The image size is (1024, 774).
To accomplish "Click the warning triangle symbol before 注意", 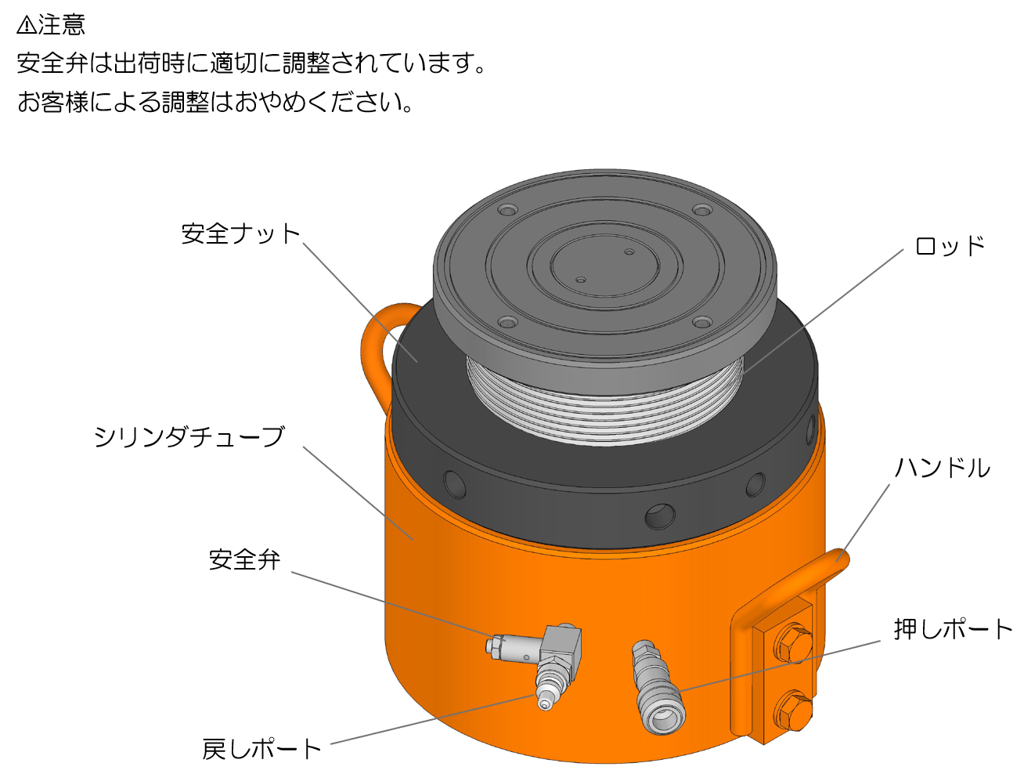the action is pyautogui.click(x=27, y=25).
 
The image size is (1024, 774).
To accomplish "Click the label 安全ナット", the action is pyautogui.click(x=240, y=233).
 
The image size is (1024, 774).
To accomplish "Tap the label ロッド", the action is pyautogui.click(x=950, y=246).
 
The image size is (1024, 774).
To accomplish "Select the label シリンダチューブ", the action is pyautogui.click(x=189, y=437).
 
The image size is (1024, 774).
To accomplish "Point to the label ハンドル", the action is pyautogui.click(x=943, y=467).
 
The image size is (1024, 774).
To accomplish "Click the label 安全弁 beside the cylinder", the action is pyautogui.click(x=244, y=559).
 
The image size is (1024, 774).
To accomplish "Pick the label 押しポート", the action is pyautogui.click(x=953, y=629).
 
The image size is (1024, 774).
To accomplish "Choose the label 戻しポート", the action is pyautogui.click(x=261, y=749).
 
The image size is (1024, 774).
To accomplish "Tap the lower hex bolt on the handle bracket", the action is pyautogui.click(x=792, y=710).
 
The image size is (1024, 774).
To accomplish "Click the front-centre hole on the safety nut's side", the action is pyautogui.click(x=660, y=516).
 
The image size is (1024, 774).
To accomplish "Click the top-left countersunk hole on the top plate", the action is pyautogui.click(x=507, y=210).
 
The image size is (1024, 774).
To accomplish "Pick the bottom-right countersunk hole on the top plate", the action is pyautogui.click(x=702, y=322).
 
